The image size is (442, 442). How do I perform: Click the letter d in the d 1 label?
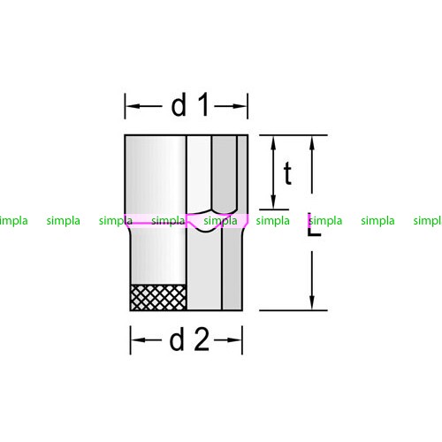pos(179,104)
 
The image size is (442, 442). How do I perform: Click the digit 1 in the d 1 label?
pos(204,104)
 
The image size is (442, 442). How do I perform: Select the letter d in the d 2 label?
pos(177,339)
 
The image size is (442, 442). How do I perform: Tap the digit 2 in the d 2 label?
pos(202,339)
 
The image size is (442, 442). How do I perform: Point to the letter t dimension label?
pos(287,173)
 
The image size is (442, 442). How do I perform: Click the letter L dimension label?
pos(314,225)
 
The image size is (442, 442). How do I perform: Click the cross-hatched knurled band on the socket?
pos(158,297)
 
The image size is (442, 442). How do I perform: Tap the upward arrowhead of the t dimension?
pos(273,143)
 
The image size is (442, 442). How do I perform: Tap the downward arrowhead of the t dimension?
pos(273,202)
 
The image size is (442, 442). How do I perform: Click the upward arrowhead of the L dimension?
pos(312,143)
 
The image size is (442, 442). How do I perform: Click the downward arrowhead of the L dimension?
pos(312,302)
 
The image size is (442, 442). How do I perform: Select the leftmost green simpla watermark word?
pos(14,220)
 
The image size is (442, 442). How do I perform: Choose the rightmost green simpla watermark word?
pos(428,220)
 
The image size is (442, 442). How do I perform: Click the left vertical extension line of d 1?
pos(125,106)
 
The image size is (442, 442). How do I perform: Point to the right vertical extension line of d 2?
pos(242,340)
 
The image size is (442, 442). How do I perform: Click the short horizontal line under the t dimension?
pos(274,210)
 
